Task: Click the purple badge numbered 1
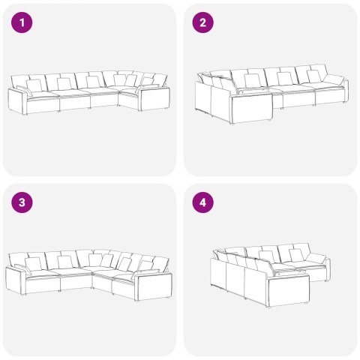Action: (x=23, y=22)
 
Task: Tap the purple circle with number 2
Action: (x=202, y=22)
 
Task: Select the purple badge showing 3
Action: (x=23, y=202)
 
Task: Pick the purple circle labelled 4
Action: (x=202, y=202)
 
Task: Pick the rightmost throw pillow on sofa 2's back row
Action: (x=313, y=76)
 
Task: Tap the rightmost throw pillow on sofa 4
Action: (x=318, y=259)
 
